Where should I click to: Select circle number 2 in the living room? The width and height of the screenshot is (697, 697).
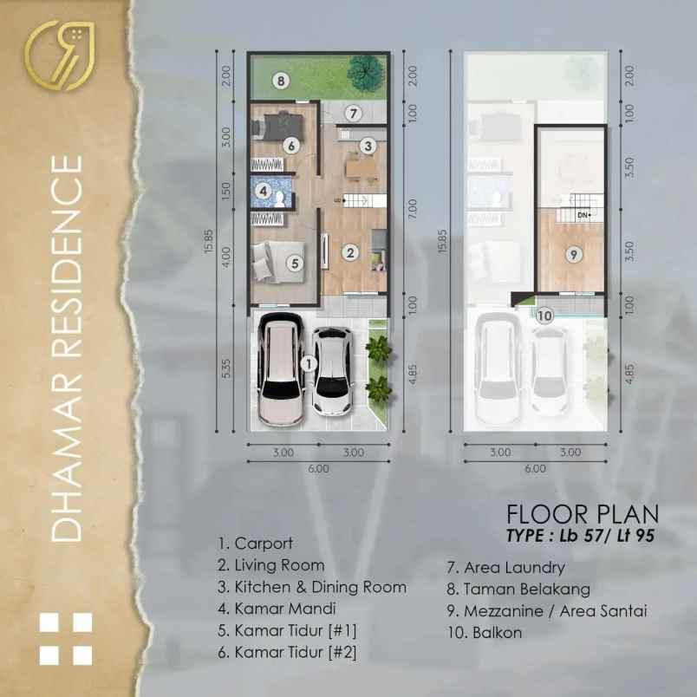(x=350, y=253)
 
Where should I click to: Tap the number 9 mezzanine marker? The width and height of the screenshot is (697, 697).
(x=573, y=254)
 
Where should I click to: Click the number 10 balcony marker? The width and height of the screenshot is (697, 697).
(x=544, y=316)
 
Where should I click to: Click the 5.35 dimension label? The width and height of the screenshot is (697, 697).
(x=225, y=368)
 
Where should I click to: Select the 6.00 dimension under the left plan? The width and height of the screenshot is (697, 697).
(x=317, y=469)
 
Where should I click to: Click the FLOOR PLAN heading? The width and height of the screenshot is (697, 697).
(x=583, y=514)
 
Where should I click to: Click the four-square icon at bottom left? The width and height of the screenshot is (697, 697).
(x=66, y=640)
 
